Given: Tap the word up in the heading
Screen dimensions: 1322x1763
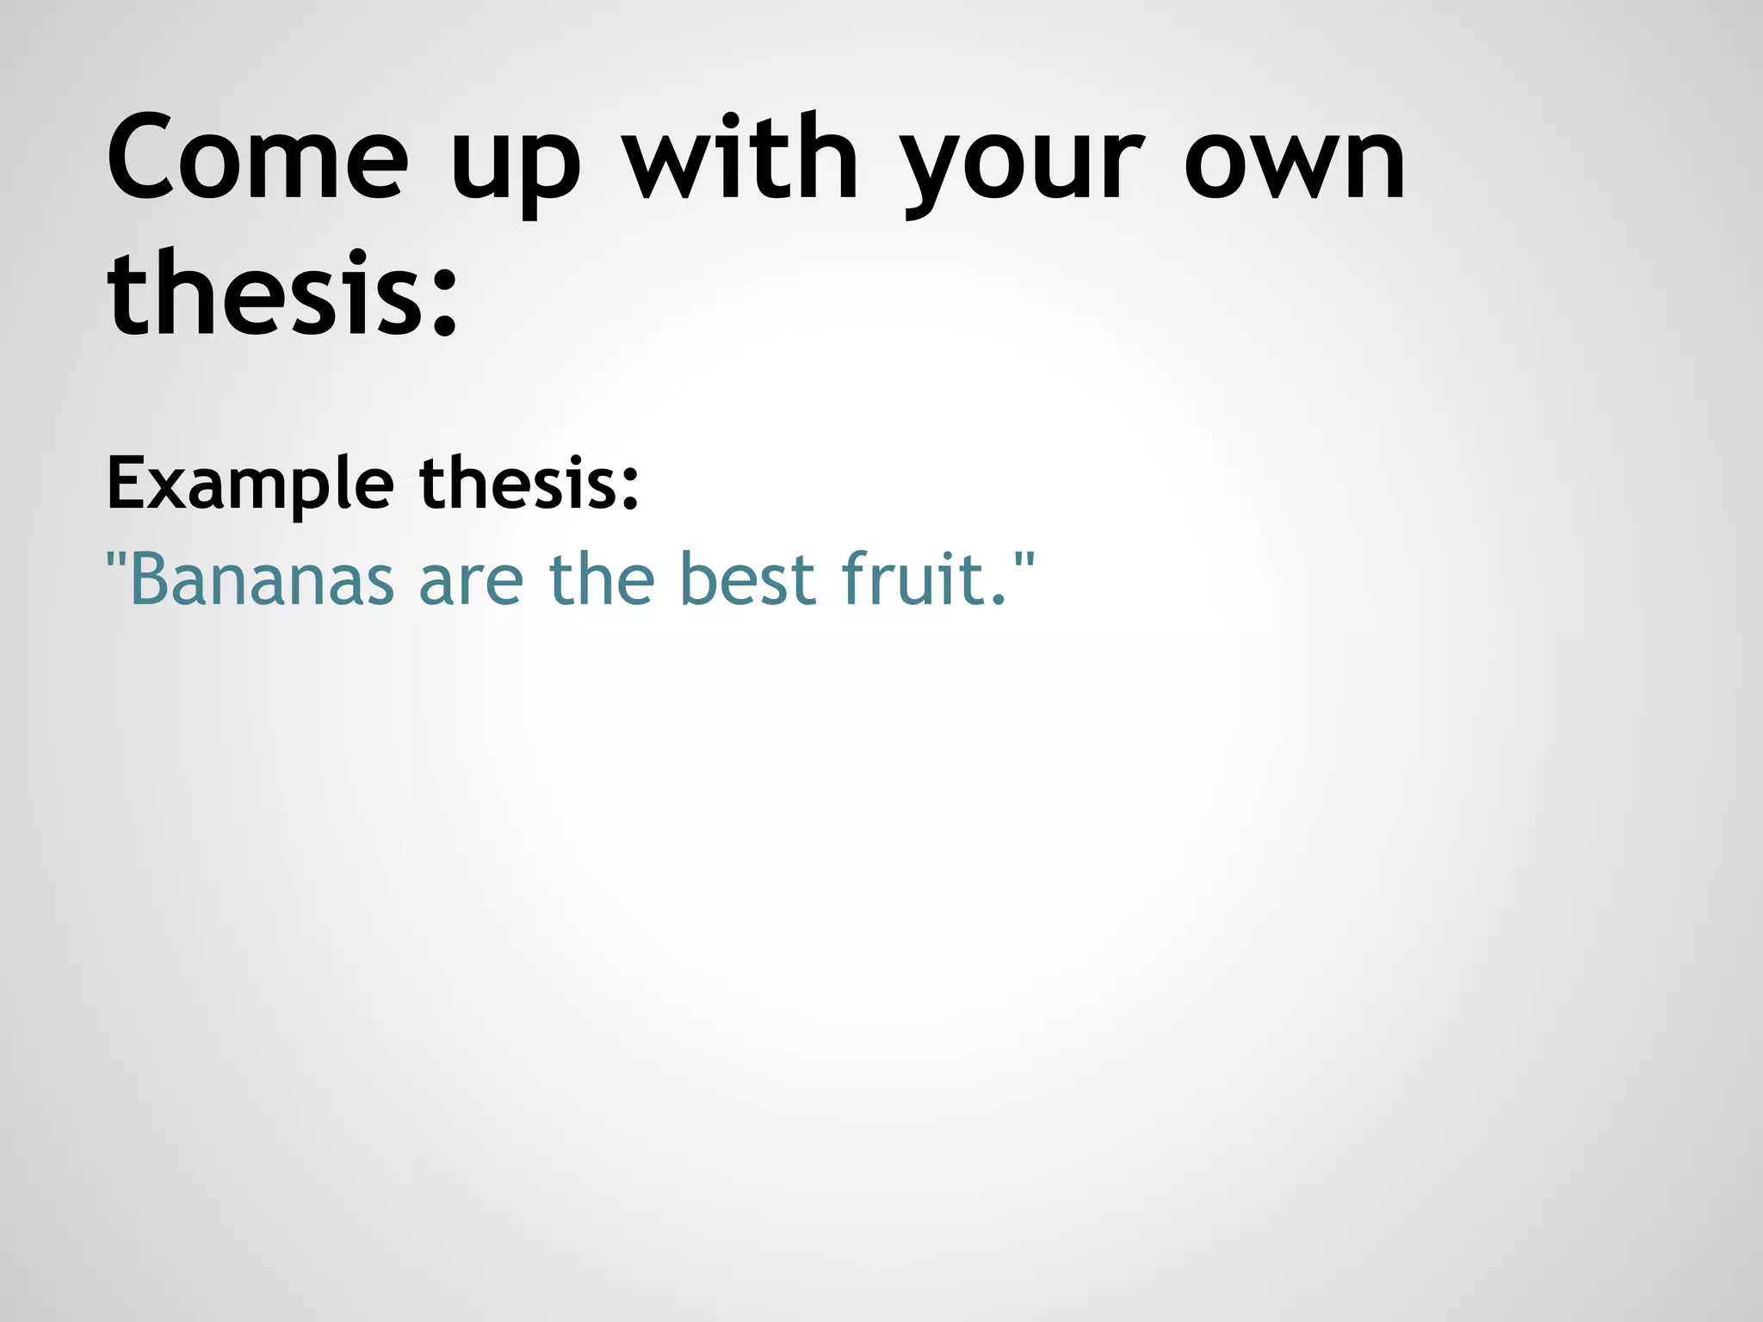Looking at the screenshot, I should click(515, 168).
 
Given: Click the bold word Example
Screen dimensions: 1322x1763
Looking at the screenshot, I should click(251, 485).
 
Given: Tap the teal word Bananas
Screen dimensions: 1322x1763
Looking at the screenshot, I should click(263, 578).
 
